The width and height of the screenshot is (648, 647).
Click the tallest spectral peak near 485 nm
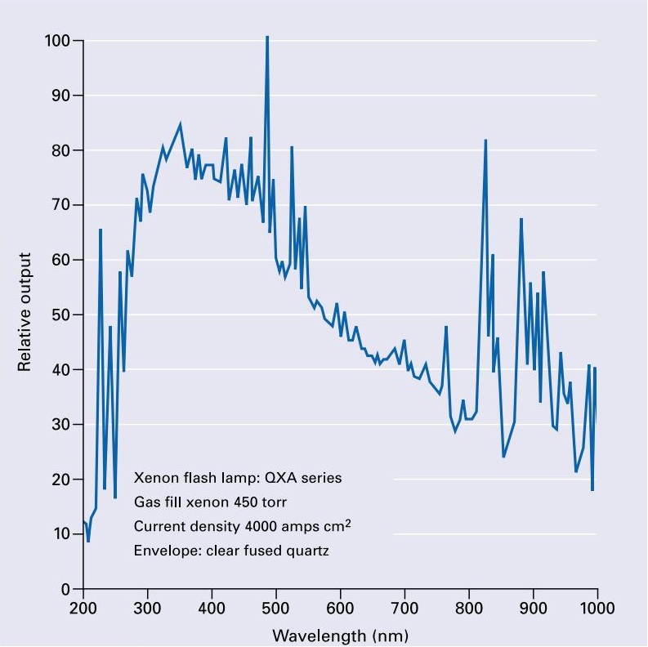point(267,38)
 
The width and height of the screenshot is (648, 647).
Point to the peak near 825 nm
point(485,141)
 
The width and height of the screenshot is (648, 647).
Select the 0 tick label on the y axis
point(67,589)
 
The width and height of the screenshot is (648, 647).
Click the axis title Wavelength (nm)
point(340,635)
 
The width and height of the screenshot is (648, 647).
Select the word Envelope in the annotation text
point(161,551)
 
